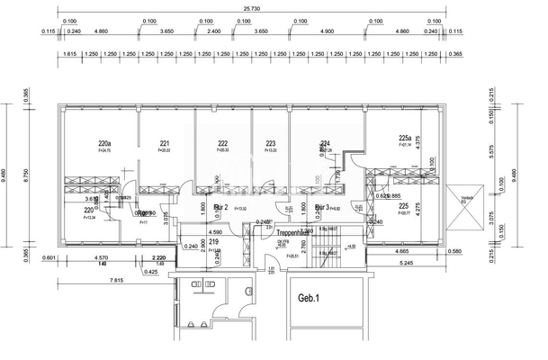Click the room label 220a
104,143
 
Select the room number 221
165,143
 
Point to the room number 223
271,143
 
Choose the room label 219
214,267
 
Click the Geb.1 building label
310,296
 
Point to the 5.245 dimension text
408,262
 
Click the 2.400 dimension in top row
214,31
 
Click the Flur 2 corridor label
221,206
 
